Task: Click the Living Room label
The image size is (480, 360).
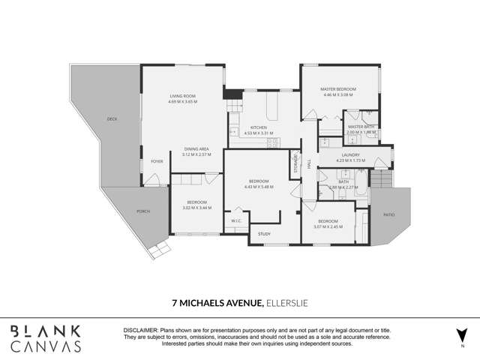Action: click(183, 96)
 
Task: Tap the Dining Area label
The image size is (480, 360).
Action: click(196, 149)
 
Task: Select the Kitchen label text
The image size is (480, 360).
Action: click(259, 128)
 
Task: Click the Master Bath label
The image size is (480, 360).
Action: click(361, 127)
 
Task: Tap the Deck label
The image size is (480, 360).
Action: click(112, 119)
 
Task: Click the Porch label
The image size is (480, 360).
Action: click(142, 211)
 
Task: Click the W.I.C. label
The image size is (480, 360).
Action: click(235, 220)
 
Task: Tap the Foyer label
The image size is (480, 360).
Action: click(157, 161)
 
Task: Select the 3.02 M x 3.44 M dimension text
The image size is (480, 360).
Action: click(196, 208)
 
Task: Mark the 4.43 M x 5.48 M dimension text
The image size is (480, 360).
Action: click(259, 187)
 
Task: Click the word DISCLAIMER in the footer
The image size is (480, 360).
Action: click(140, 330)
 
